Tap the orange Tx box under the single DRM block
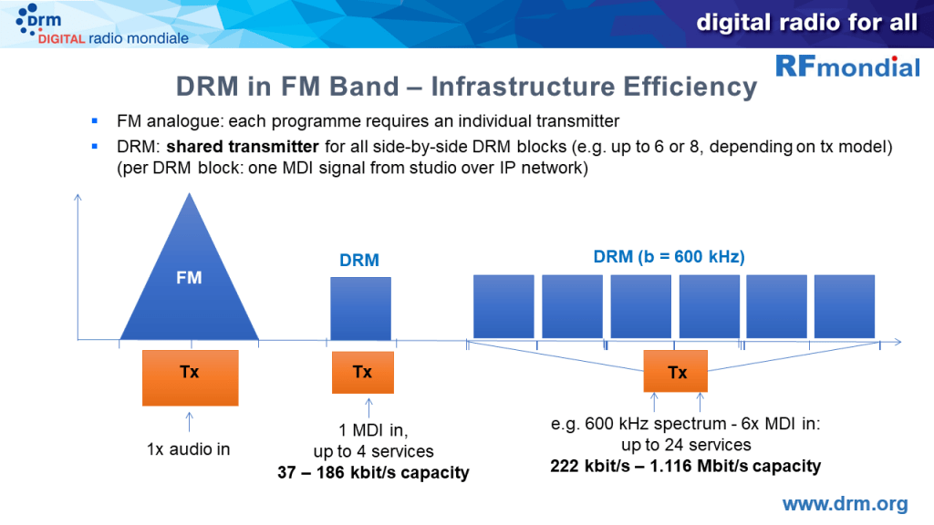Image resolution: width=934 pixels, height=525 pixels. point(362,372)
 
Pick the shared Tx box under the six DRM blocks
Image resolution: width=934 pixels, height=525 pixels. point(677,372)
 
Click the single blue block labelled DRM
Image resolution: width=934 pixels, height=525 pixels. point(359,308)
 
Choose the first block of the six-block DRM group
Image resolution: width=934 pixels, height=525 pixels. point(503,306)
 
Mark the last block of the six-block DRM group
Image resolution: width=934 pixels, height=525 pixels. point(844,306)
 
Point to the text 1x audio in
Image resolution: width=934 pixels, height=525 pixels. point(190,448)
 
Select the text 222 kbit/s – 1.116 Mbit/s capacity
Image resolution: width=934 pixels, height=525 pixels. point(685,466)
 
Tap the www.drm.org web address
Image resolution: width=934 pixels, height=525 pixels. point(845,504)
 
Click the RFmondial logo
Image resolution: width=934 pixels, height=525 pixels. point(847,67)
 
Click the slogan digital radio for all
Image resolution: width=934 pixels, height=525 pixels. point(806,23)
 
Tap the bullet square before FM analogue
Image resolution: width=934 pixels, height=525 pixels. point(94,121)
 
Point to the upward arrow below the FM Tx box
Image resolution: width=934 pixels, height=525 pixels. point(190,420)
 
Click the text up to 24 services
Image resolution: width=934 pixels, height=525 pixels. point(686,445)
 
